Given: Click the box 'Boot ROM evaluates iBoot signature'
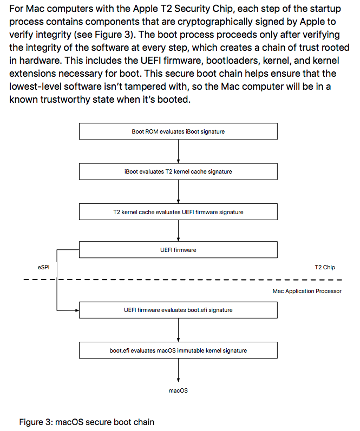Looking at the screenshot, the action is (x=178, y=131).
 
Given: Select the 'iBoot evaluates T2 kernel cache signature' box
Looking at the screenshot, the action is (x=178, y=171).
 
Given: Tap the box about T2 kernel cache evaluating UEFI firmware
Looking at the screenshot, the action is (x=178, y=212).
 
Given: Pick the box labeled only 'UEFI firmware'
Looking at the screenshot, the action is (x=178, y=250).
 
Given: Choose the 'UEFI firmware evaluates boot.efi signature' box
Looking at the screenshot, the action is (x=178, y=310).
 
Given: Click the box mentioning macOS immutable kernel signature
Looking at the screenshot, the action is (x=178, y=350).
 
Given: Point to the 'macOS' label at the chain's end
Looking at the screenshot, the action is (x=178, y=390).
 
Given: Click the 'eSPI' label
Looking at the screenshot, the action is (x=43, y=267).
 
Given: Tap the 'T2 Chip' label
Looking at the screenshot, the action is (x=325, y=267).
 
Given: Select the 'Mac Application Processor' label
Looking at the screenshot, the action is (x=307, y=291).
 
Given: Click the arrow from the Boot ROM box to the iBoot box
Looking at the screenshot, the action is (x=178, y=151).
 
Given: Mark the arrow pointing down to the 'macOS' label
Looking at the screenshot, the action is (x=178, y=370).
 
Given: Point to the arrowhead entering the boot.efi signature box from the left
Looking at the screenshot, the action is (x=77, y=310).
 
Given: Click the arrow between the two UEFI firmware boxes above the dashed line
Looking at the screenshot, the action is (x=178, y=230).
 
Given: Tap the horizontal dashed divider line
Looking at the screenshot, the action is (x=183, y=280).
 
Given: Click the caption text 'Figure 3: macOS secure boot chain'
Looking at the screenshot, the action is (x=87, y=422).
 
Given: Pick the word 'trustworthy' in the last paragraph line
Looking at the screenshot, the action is (x=65, y=100).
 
